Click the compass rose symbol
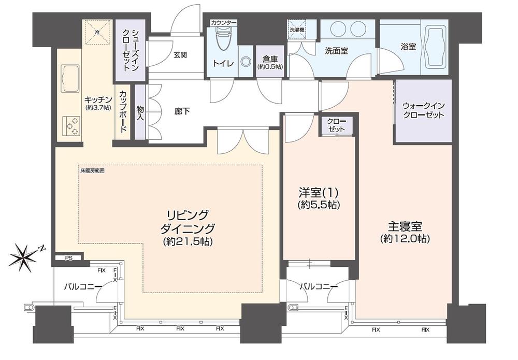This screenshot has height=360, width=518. click(x=24, y=257)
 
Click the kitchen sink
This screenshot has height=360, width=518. click(x=70, y=79)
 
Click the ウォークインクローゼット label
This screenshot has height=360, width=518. click(x=423, y=111)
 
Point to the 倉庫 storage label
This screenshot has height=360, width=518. click(x=270, y=62)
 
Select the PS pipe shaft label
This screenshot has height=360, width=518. click(x=69, y=258)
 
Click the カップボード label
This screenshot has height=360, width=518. click(x=123, y=112)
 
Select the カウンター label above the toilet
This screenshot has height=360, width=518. click(x=223, y=23)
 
